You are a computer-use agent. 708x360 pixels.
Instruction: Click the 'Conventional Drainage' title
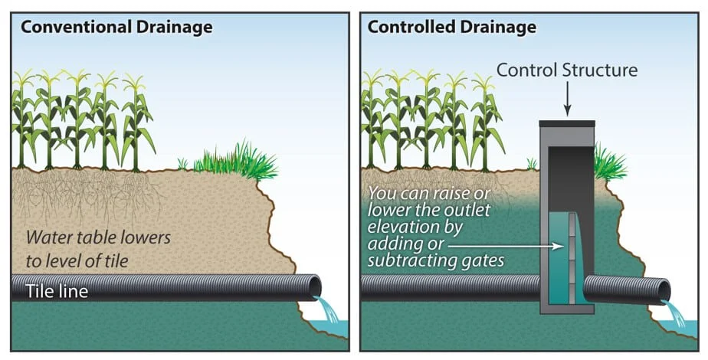tap(116, 28)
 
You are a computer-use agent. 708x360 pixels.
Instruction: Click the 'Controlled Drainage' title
tap(452, 28)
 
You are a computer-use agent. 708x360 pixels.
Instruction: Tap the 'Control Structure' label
tap(567, 70)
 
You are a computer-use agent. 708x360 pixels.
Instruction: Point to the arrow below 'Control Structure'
tap(567, 98)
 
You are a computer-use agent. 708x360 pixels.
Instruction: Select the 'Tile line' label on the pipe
tap(57, 291)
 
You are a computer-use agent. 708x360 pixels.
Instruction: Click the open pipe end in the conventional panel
tap(314, 286)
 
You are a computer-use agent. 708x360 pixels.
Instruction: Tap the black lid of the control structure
tap(567, 123)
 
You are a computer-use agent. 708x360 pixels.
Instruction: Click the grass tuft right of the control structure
tap(609, 162)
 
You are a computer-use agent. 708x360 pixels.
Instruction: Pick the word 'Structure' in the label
tap(600, 70)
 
